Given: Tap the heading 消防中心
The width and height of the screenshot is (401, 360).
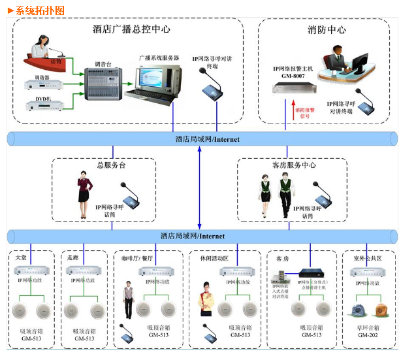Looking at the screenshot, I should pyautogui.click(x=327, y=29).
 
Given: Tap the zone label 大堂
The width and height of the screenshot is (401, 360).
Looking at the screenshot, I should pyautogui.click(x=22, y=258).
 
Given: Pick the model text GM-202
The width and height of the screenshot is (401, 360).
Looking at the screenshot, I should pyautogui.click(x=366, y=335).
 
